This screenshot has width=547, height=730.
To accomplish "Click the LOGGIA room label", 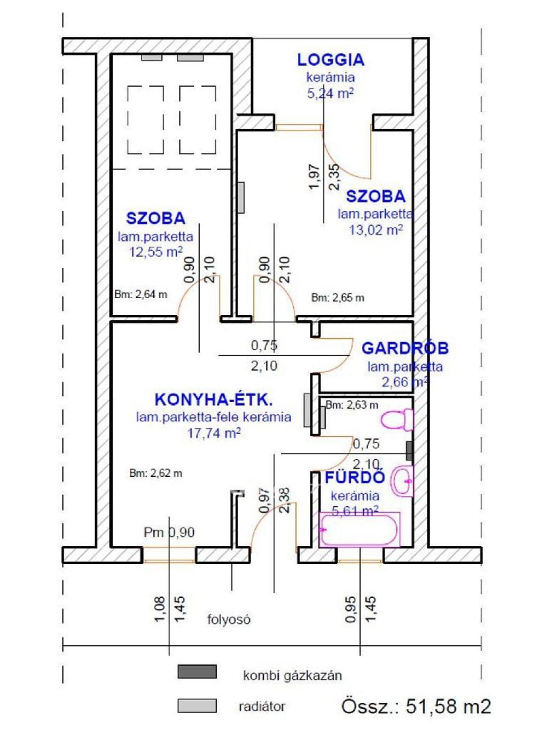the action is pos(331,60).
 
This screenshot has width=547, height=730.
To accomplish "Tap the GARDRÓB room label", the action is pos(405,348).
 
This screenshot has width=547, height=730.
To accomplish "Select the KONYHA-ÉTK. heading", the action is pos(214,399).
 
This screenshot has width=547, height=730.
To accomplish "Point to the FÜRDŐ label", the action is pos(355,477).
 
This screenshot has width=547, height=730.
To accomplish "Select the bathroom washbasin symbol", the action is pos(403,481).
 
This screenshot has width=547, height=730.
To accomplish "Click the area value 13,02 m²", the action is pos(376,230).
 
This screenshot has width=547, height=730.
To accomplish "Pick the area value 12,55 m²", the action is pos(155,252).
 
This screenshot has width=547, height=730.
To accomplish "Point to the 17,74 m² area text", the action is pos(214,433).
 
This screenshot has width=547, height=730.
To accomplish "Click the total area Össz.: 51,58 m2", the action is pos(416,707).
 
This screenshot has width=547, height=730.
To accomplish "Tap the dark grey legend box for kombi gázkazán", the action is pos(197,671).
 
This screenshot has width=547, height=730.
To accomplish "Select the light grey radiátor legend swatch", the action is pos(197,705).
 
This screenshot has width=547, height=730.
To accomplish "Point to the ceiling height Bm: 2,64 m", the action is pos(140,294).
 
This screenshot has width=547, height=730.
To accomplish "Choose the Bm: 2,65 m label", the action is pos(338,297).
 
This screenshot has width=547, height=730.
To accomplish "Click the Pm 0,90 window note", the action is pos(169,532).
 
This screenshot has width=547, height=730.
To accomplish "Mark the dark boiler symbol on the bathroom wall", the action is pos(410,451).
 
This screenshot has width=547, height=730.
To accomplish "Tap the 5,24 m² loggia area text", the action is pos(330,93).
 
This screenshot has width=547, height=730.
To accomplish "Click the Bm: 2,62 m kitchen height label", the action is pos(155,473).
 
